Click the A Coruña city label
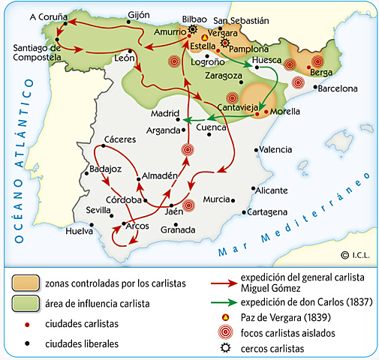[x=33, y=16]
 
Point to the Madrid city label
[x=164, y=114]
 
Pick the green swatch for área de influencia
[x=24, y=304]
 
